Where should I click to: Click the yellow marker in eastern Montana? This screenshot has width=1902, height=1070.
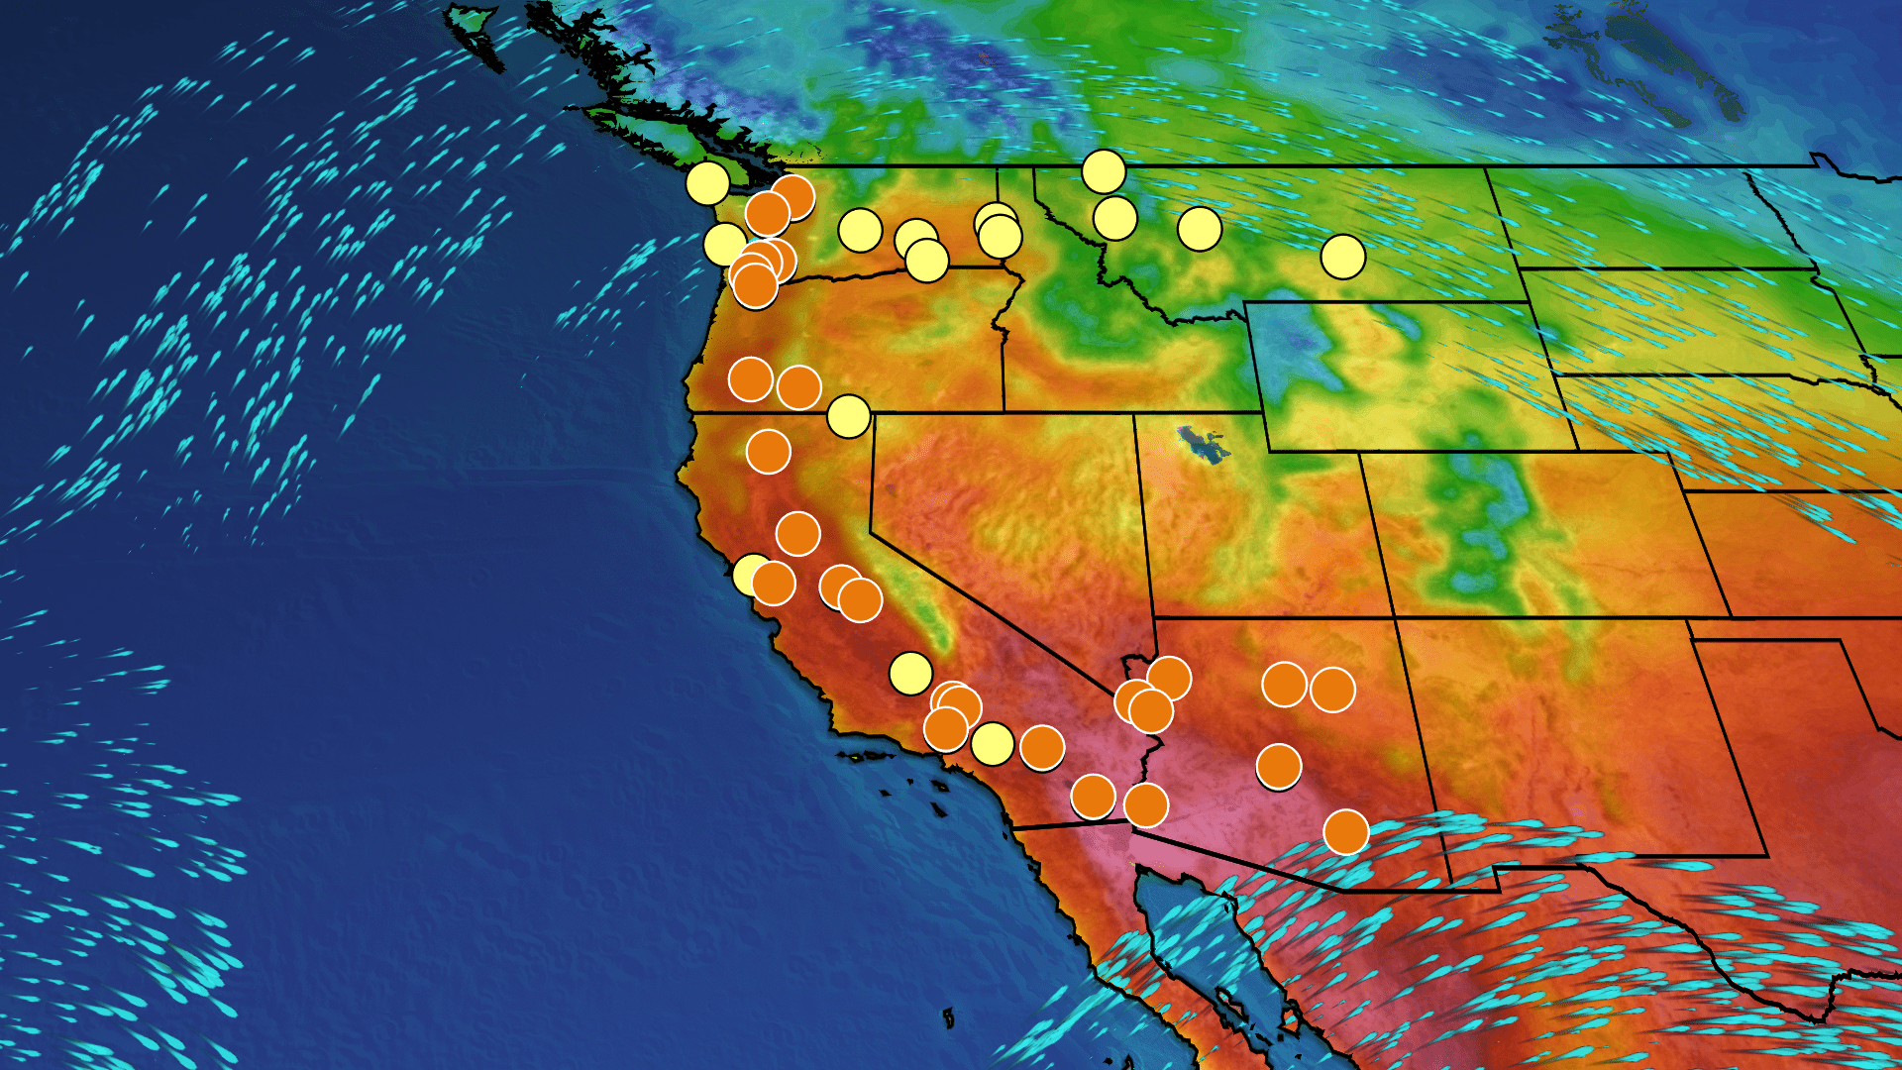point(1342,257)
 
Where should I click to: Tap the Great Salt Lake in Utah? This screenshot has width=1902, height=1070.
point(1201,443)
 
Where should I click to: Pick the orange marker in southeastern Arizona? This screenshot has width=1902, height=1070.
point(1345,832)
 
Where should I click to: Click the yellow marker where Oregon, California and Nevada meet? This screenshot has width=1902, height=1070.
point(848,416)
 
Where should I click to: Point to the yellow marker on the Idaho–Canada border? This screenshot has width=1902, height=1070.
point(1104,171)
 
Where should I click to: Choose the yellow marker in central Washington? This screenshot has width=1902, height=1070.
point(860,231)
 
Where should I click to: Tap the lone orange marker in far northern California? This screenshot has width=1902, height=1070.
point(768,452)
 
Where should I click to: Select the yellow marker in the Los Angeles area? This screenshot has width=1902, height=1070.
point(992,744)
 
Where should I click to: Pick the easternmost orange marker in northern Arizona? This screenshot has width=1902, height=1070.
point(1332,690)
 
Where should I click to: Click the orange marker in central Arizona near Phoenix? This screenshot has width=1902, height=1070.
point(1278,766)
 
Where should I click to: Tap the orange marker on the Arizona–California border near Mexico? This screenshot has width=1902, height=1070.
point(1146,805)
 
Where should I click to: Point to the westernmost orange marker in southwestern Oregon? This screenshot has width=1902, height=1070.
point(750,378)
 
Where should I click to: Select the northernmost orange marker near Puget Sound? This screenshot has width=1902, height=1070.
point(793,196)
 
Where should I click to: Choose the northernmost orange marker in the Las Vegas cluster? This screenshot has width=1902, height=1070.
point(1169,678)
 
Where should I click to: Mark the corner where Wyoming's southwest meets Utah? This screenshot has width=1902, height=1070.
point(1269,452)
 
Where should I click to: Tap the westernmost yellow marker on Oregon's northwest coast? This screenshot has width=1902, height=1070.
point(724,243)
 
